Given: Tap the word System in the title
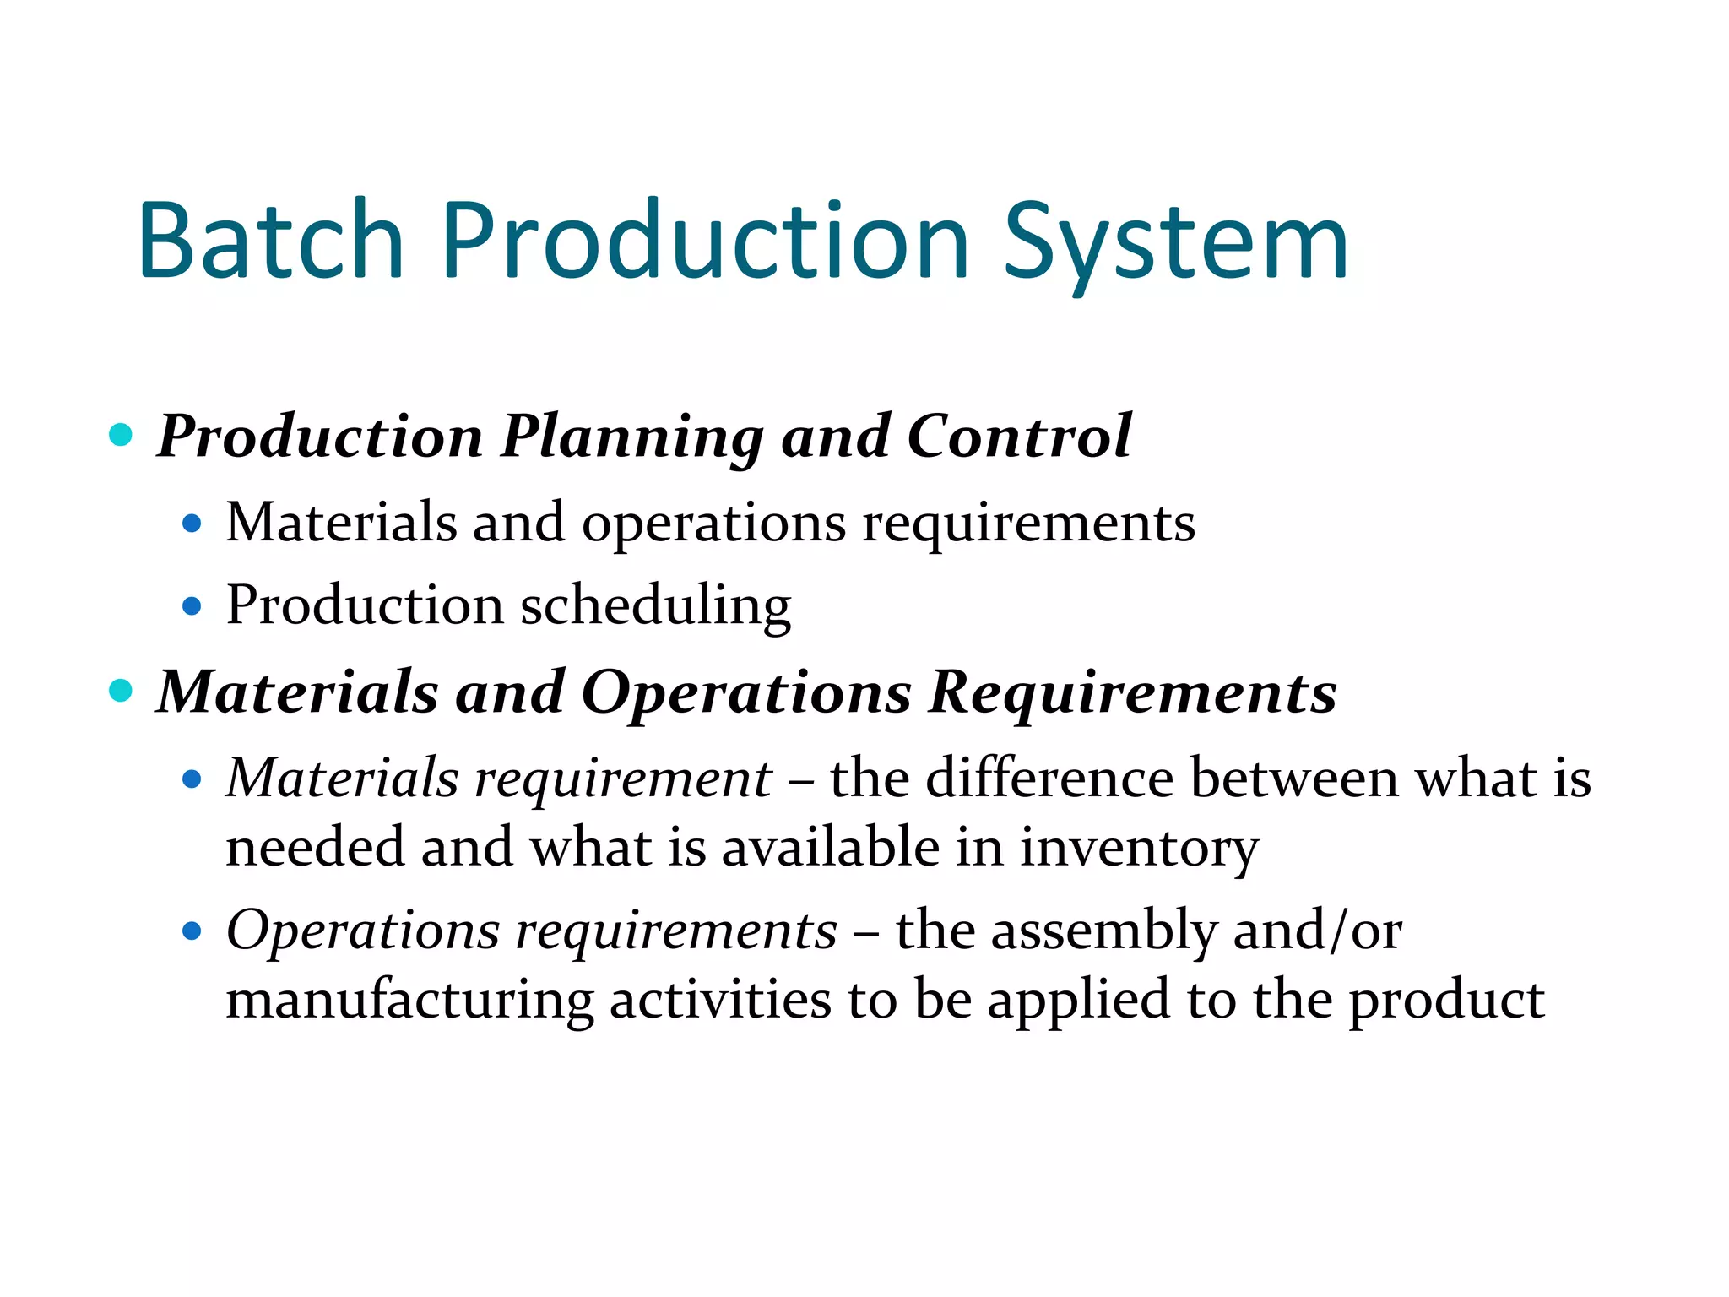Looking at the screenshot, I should point(1176,245).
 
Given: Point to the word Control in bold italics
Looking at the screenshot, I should point(1019,437).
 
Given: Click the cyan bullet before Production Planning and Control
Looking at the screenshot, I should point(122,436).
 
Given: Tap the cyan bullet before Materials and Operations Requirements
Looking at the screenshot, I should point(122,691).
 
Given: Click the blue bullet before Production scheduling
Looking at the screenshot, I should point(192,606).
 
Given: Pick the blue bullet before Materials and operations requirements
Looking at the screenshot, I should point(192,524).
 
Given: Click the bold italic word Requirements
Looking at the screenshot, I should point(1133,692).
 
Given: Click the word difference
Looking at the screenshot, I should point(1049,778).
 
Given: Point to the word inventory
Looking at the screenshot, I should point(1140,849).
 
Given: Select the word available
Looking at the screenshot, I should point(831,847).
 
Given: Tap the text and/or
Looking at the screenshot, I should point(1318,931).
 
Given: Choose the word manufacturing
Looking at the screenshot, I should point(410,1001).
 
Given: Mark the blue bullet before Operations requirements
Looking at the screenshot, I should point(192,931).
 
